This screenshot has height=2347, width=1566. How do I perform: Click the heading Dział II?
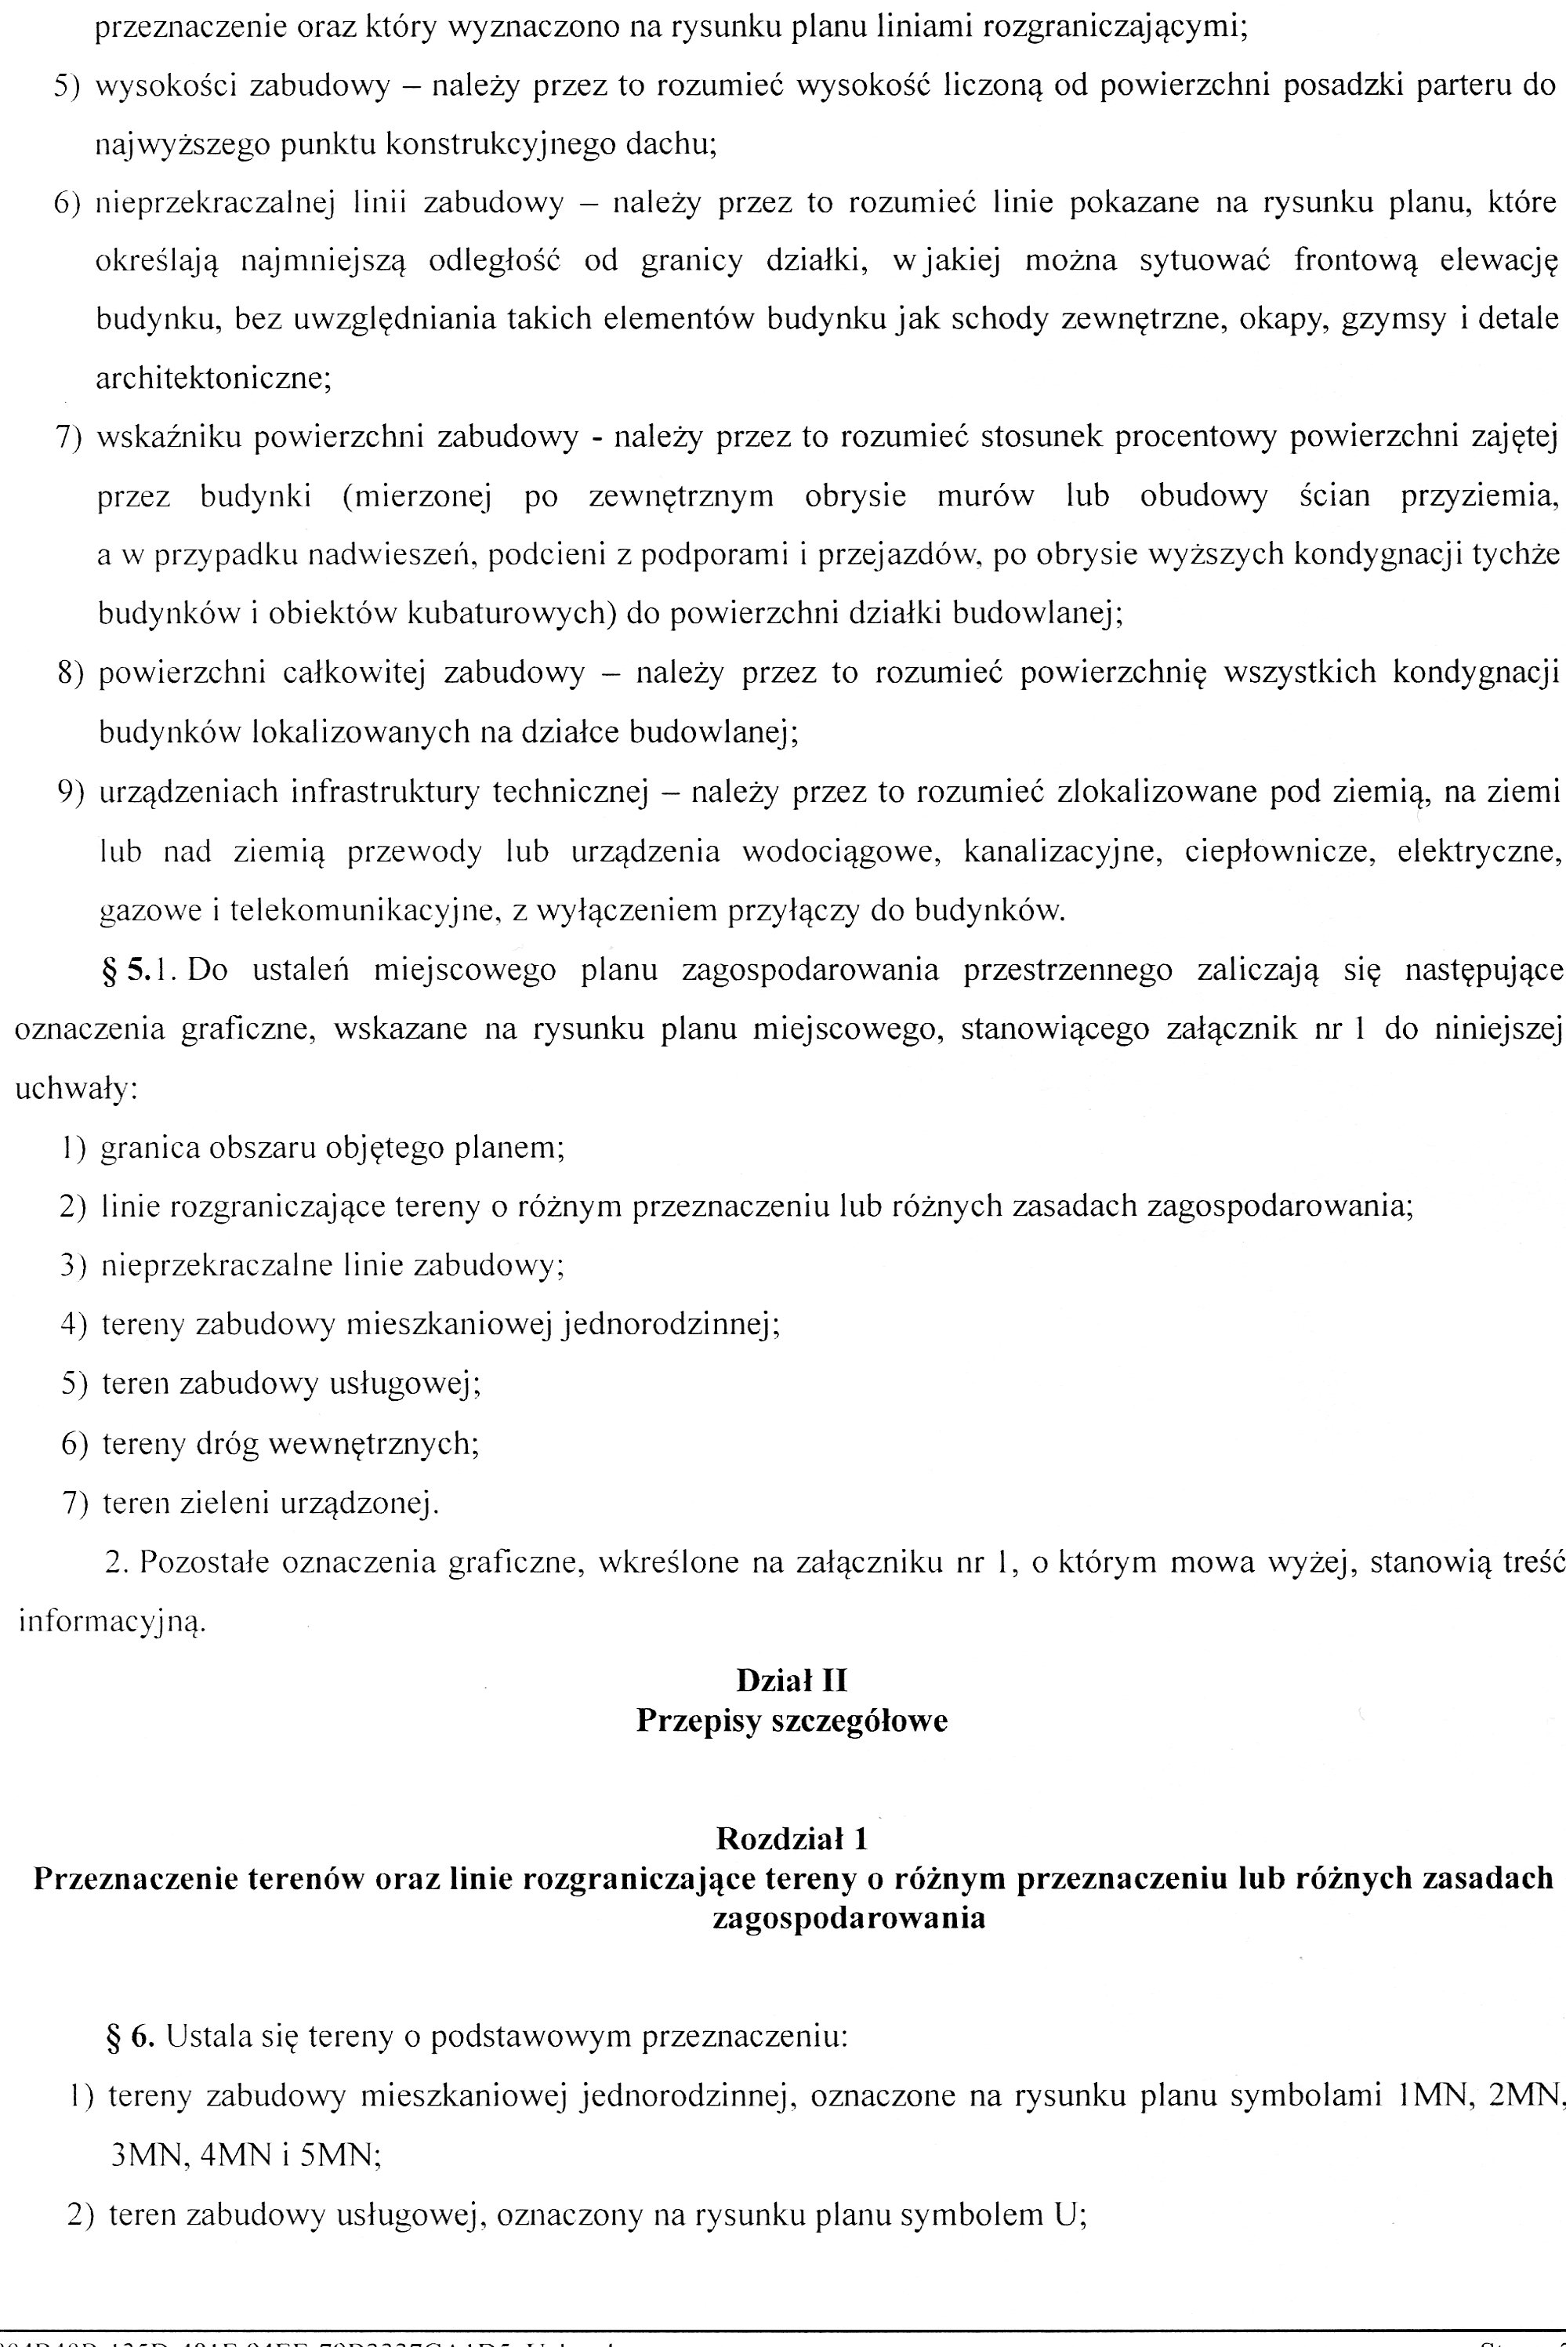tap(791, 1681)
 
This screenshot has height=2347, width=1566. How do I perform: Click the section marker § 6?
tap(130, 2035)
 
